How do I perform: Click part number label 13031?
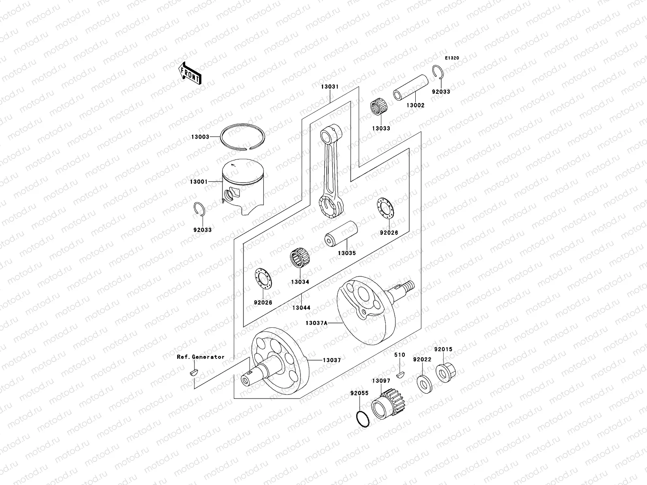(330, 87)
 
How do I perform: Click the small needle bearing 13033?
(380, 109)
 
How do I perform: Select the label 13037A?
(316, 323)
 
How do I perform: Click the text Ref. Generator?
(200, 357)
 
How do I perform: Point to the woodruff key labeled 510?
(400, 374)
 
